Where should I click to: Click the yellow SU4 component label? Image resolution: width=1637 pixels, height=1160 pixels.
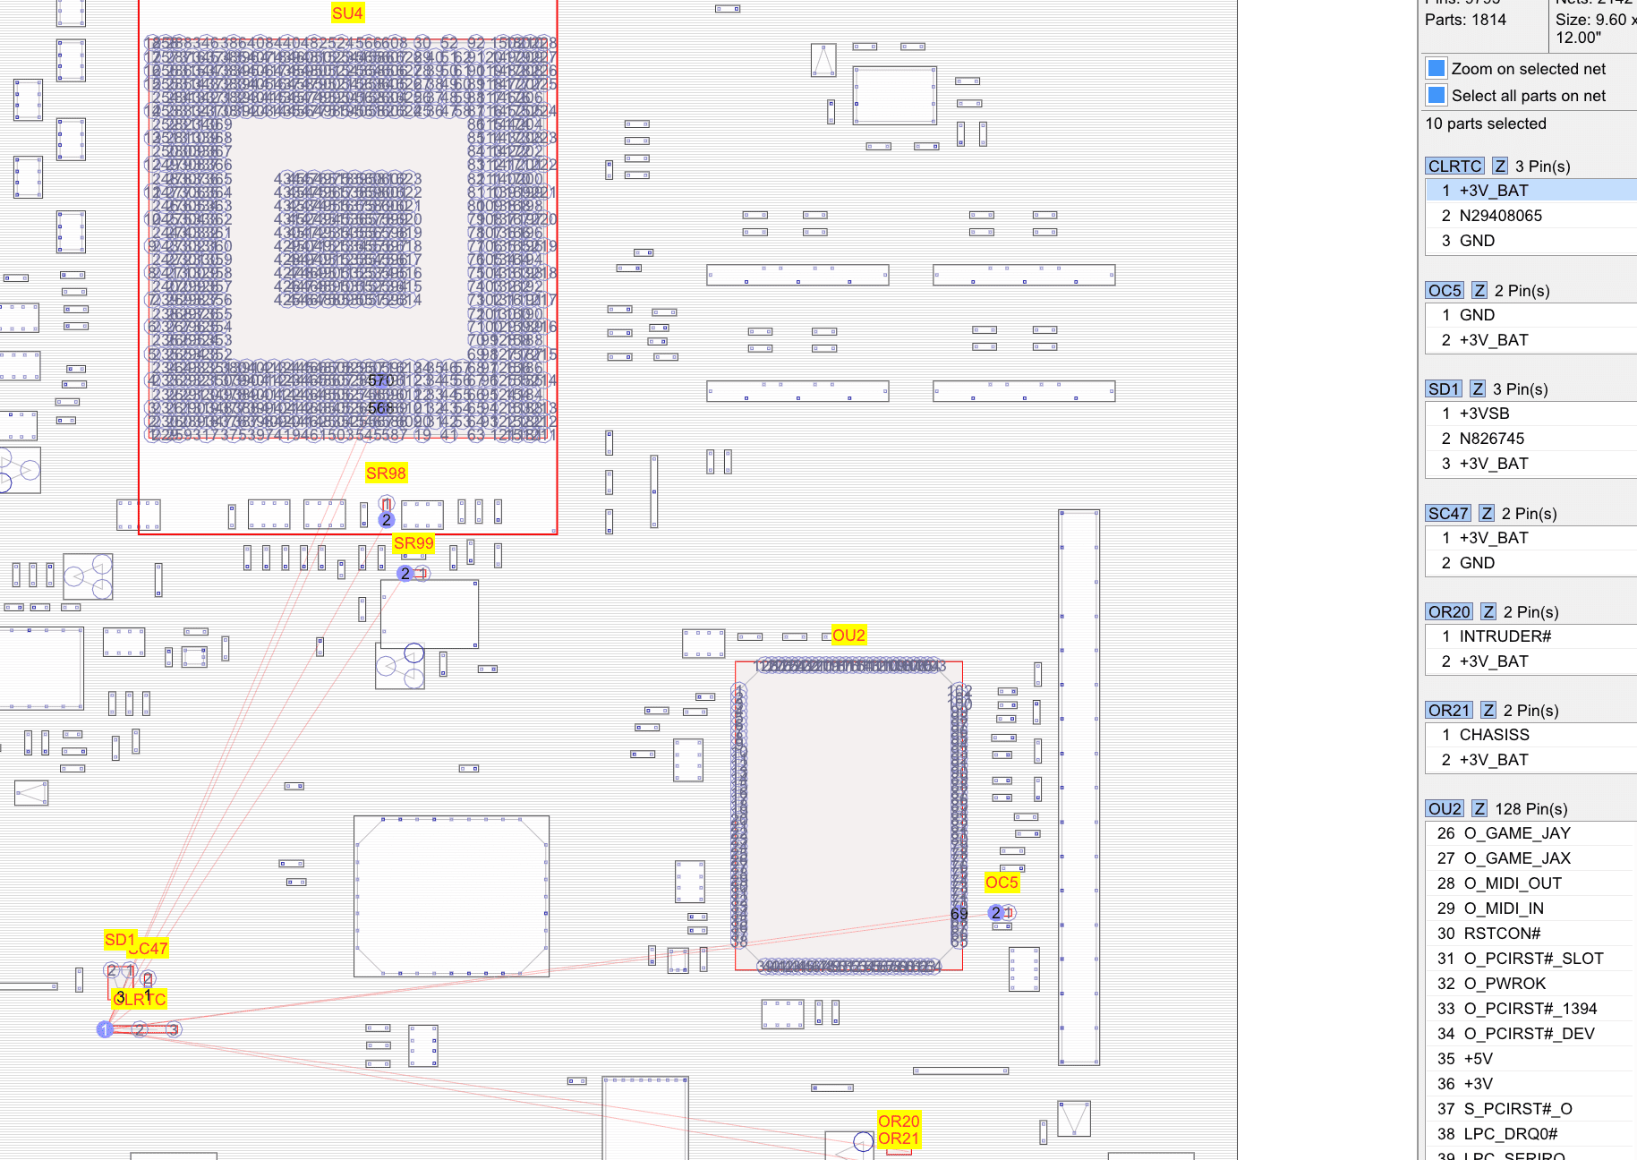(x=347, y=13)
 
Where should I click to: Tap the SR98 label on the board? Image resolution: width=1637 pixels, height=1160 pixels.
(x=386, y=473)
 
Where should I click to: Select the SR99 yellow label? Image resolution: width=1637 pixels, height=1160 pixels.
(x=414, y=543)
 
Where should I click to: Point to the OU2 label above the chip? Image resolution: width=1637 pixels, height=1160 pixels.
(x=848, y=635)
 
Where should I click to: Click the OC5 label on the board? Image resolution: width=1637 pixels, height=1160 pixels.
(x=1002, y=883)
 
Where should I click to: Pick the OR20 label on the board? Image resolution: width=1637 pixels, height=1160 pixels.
(x=899, y=1122)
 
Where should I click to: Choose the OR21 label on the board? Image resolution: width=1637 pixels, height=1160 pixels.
(x=899, y=1139)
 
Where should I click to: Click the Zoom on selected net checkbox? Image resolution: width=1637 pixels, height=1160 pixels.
(x=1437, y=69)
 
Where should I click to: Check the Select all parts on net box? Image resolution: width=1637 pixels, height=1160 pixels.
(x=1437, y=96)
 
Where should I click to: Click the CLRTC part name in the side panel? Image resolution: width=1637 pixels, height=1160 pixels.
(x=1454, y=166)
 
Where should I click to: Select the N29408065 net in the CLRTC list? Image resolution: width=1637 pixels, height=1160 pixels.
(x=1500, y=216)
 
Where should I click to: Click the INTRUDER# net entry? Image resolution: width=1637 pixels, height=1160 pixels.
(x=1505, y=636)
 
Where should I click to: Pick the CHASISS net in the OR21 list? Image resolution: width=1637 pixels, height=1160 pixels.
(x=1494, y=735)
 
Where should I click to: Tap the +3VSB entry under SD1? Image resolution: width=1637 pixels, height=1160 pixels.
(x=1484, y=414)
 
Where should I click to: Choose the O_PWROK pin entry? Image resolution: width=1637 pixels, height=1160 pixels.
(x=1505, y=984)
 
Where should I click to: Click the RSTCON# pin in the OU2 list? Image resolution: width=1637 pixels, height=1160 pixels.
(x=1502, y=934)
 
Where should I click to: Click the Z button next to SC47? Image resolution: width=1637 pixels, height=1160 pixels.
(x=1487, y=514)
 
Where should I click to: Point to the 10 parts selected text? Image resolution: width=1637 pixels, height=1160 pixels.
(x=1485, y=124)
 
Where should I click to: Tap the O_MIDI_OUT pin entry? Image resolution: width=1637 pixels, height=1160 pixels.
(x=1512, y=883)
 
